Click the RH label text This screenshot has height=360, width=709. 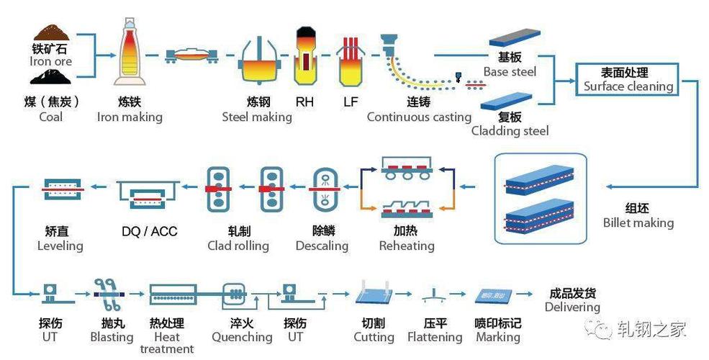click(x=304, y=102)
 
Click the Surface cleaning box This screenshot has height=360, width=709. click(x=627, y=79)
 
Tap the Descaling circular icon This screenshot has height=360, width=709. click(x=323, y=189)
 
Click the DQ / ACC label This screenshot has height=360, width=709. click(x=150, y=231)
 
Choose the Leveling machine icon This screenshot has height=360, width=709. click(x=63, y=189)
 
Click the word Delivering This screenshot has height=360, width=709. click(x=572, y=307)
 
